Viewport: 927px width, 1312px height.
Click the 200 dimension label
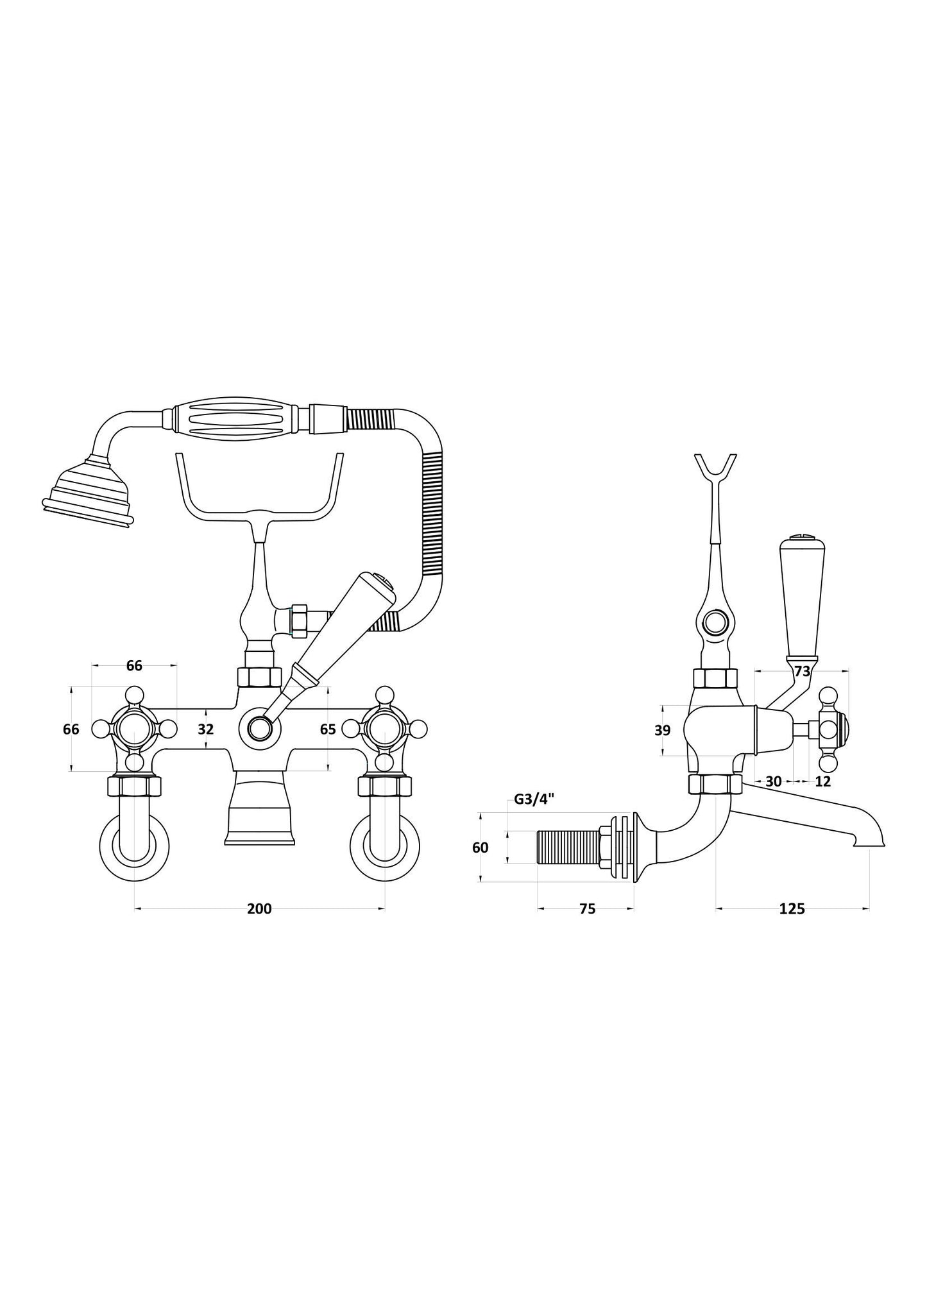pos(259,908)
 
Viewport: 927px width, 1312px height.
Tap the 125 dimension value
pos(792,908)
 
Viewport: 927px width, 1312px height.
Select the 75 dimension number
pos(587,908)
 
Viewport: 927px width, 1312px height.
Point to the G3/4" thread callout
pos(534,799)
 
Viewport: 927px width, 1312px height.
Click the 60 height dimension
pos(480,848)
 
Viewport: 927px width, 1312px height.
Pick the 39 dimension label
pos(663,730)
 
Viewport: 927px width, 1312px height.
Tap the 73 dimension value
pos(802,672)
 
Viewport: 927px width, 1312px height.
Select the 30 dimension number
pos(774,781)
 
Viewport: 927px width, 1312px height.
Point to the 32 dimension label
pos(205,729)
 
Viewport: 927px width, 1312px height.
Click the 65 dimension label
pos(327,729)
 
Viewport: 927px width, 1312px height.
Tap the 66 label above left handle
pos(134,665)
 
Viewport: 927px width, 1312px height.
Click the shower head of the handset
pos(90,493)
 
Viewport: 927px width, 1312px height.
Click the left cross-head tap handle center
pos(134,729)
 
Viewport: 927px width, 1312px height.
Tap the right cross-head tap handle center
pos(384,729)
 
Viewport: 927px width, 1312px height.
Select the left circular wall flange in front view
pos(134,846)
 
